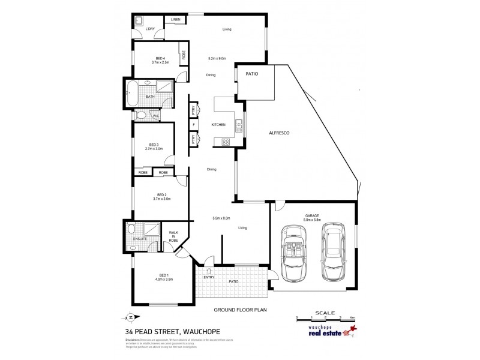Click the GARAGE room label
point(311,214)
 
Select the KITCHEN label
point(218,125)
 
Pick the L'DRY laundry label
point(149,29)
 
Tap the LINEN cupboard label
point(175,20)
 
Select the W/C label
point(155,116)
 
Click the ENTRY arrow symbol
point(209,271)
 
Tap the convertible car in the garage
point(293,253)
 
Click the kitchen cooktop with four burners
point(226,142)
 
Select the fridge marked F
point(193,125)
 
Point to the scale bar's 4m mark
point(352,317)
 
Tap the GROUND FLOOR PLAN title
point(240,310)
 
